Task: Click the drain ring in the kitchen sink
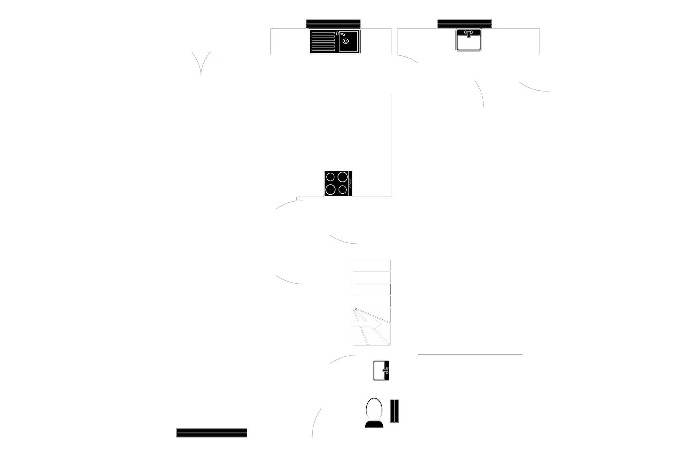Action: point(345,41)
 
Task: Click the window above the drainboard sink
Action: point(334,24)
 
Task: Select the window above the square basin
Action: point(465,24)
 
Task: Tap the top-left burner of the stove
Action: point(330,177)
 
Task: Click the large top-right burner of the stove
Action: point(342,177)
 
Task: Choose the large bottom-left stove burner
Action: point(330,189)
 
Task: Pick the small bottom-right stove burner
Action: point(343,189)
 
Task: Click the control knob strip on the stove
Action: point(350,183)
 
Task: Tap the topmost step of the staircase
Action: point(371,265)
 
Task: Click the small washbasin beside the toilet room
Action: point(380,370)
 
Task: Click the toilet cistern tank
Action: point(374,424)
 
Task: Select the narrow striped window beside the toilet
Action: point(395,411)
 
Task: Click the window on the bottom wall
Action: point(211,432)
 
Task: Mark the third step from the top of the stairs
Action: point(371,290)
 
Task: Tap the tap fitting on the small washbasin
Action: point(386,370)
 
